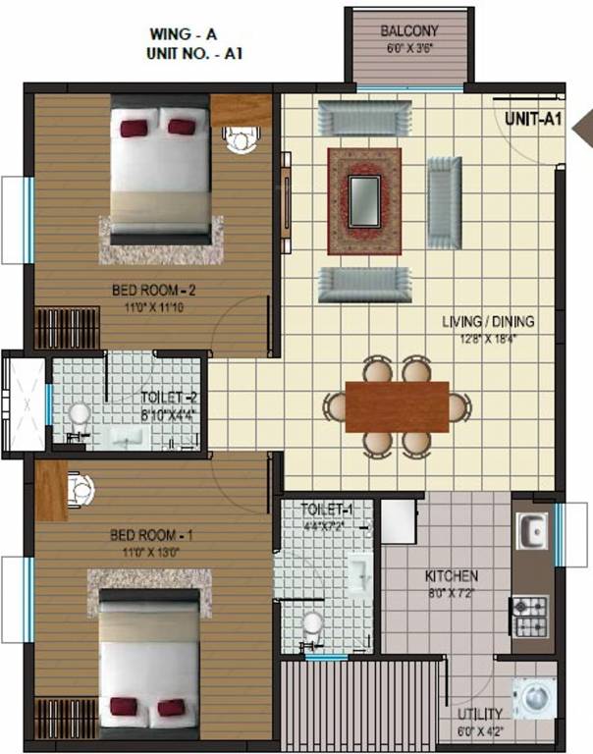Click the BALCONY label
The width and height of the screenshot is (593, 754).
point(409,31)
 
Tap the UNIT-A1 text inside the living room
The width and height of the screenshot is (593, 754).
point(533,120)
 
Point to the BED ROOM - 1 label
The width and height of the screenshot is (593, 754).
point(151,536)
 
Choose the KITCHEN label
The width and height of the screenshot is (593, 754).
point(452,575)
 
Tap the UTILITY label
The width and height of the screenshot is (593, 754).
point(480,714)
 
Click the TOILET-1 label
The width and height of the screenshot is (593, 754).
point(327,510)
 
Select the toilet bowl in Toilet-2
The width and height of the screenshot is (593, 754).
point(79,417)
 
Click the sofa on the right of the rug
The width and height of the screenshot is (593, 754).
point(444,203)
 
